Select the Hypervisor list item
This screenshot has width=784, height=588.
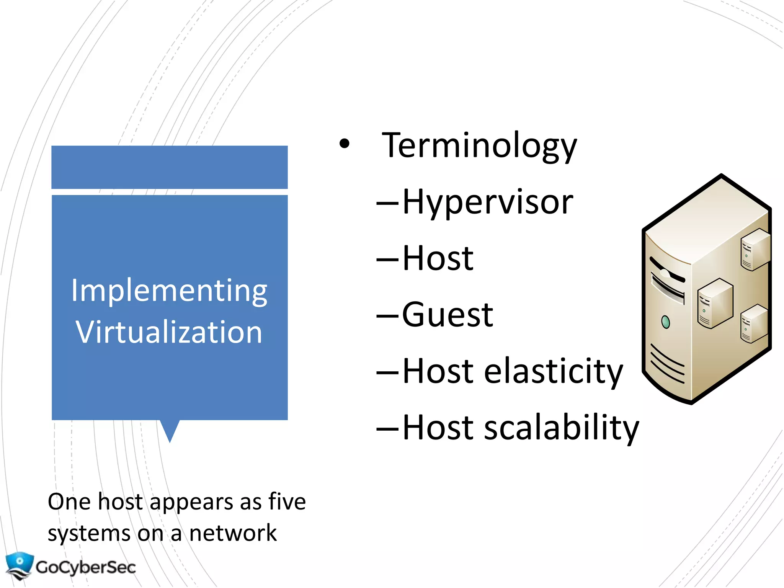click(487, 202)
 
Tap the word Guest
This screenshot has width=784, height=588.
click(448, 315)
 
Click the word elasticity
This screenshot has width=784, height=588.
click(554, 371)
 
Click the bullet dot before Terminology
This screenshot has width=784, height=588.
click(345, 144)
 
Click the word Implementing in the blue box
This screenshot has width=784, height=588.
click(169, 291)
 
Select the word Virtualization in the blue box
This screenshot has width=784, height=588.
click(169, 332)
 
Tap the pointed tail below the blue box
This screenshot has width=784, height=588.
click(170, 430)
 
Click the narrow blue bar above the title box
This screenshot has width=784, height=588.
click(169, 167)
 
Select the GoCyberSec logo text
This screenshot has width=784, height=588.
click(86, 567)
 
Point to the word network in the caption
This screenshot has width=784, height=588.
click(233, 533)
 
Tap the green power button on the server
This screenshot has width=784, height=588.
click(666, 322)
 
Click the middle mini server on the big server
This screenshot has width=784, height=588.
click(715, 303)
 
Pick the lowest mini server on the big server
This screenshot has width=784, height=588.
click(754, 323)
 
